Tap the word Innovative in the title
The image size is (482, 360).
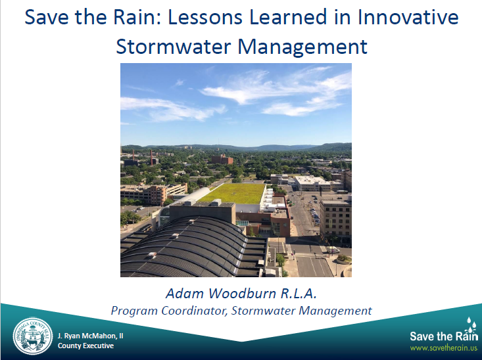coord(408,17)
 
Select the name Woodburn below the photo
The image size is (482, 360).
coord(242,294)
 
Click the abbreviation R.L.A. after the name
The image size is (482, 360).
coord(298,294)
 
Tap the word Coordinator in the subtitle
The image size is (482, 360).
coord(194,311)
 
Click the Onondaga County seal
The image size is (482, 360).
coord(33,336)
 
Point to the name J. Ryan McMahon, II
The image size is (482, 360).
coord(90,336)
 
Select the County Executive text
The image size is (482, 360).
coord(85,346)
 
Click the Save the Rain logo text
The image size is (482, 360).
coord(444,336)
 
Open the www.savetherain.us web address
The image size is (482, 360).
coord(444,348)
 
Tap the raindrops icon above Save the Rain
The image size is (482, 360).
coord(471,324)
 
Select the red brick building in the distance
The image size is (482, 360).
coord(222,159)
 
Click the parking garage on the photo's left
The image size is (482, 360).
coord(154,194)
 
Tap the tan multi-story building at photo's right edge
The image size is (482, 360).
coord(335,219)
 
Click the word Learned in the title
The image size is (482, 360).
coord(288,17)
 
